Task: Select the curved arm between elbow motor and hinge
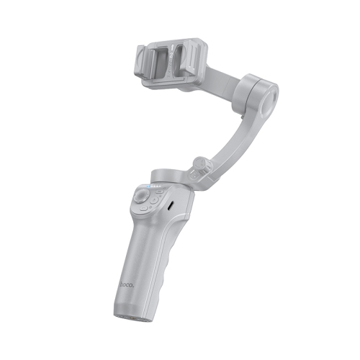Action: point(230,137)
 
